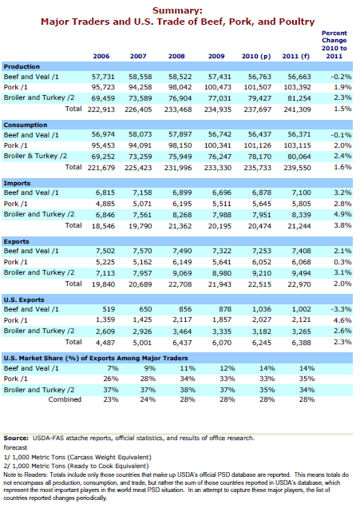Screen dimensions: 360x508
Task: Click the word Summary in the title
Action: (176, 11)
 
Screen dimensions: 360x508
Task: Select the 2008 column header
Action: (176, 56)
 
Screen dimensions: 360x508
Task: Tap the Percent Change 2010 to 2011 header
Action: (334, 45)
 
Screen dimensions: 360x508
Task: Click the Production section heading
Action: (22, 66)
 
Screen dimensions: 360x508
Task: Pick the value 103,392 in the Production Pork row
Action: (297, 87)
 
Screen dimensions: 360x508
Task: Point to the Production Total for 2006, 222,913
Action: (101, 109)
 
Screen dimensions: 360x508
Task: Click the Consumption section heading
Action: (26, 125)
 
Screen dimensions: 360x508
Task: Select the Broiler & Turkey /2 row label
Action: (35, 156)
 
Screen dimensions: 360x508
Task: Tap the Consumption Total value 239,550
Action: (297, 168)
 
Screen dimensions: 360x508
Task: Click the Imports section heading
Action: (17, 183)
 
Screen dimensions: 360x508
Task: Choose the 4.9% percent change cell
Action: (342, 214)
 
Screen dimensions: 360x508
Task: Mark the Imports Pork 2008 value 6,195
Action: (182, 204)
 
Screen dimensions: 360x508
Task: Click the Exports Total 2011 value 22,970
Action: (299, 284)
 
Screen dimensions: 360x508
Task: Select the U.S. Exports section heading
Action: (24, 300)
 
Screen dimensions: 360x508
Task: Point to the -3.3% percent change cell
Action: (341, 309)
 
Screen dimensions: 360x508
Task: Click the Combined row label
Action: (65, 399)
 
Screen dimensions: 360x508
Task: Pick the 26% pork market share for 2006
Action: (111, 379)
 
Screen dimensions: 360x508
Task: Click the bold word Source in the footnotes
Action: (16, 438)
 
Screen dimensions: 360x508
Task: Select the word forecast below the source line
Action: (15, 447)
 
